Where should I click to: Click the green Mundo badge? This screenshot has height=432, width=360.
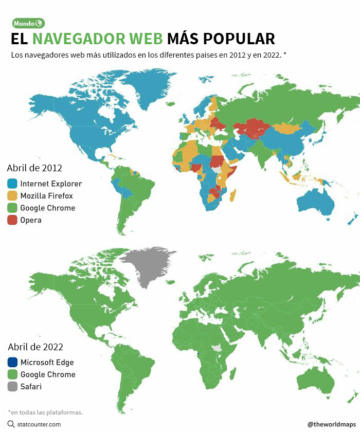coord(28,23)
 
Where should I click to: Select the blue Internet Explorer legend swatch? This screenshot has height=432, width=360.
coord(12,184)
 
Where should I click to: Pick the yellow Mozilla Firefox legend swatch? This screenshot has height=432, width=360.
coord(12,196)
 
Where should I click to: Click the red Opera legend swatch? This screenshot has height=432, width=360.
coord(12,220)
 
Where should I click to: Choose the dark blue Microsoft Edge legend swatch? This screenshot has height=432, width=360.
coord(12,362)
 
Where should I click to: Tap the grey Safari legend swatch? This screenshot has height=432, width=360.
coord(12,387)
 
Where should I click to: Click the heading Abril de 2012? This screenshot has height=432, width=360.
coord(34,168)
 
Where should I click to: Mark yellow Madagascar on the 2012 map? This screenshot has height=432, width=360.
coord(233,195)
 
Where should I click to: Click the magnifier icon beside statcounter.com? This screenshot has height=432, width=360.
coord(11,424)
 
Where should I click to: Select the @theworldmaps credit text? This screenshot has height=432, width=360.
coord(331,424)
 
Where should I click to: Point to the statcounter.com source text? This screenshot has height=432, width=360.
coord(39,424)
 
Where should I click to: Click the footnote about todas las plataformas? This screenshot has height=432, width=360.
coord(45,412)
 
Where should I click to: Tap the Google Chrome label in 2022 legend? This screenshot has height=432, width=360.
coord(47,374)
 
